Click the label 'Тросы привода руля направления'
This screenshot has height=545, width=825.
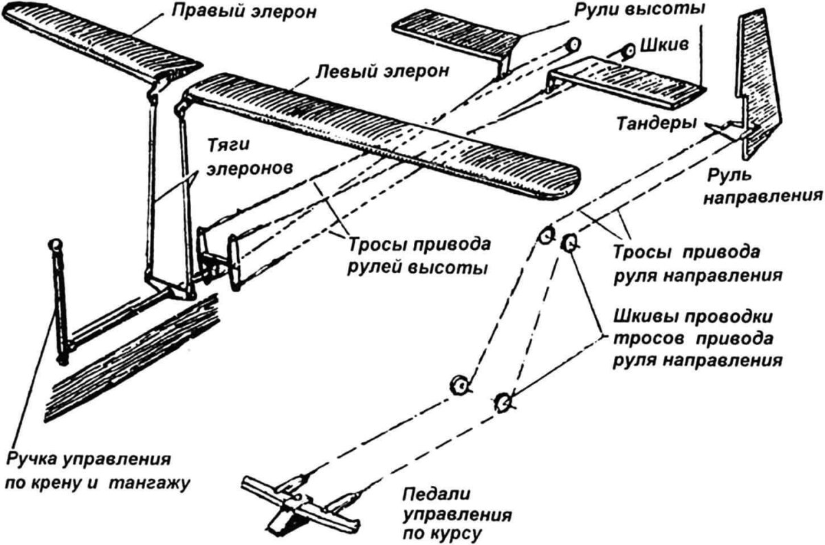[698, 263]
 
